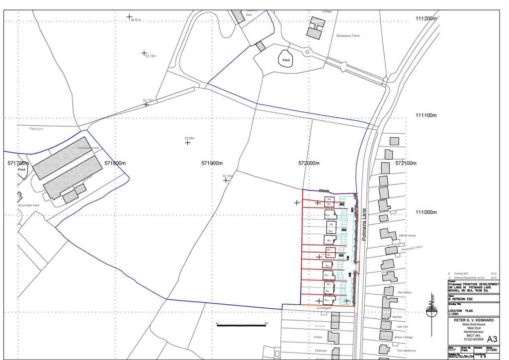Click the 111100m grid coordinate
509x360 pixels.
pyautogui.click(x=425, y=115)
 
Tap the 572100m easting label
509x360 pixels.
pyautogui.click(x=406, y=163)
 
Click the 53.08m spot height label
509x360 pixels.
pyautogui.click(x=189, y=138)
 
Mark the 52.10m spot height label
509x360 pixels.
pyautogui.click(x=150, y=57)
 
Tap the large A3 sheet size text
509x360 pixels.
pyautogui.click(x=488, y=338)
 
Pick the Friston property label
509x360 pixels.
pyautogui.click(x=318, y=337)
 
